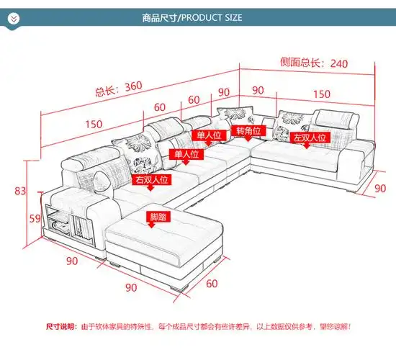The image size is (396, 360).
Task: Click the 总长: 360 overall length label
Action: (x=118, y=89)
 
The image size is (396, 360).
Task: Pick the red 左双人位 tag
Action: (x=309, y=136)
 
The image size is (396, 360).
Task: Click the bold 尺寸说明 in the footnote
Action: (x=61, y=326)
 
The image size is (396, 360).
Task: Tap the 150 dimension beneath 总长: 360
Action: (x=93, y=124)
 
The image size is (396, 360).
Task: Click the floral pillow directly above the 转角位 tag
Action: (x=235, y=115)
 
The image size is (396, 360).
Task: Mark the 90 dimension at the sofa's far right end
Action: (x=379, y=186)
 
